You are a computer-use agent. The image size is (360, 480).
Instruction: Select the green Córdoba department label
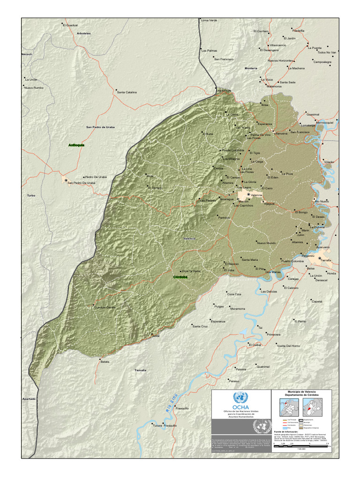(180, 277)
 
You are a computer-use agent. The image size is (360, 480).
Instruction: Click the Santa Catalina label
(127, 92)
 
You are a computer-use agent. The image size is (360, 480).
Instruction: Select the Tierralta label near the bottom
(140, 370)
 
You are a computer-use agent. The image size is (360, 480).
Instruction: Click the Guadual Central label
(105, 307)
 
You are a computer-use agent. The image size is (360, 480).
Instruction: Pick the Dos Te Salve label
(191, 271)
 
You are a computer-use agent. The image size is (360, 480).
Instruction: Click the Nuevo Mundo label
(266, 243)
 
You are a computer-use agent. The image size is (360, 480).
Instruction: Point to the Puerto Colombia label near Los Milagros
(233, 150)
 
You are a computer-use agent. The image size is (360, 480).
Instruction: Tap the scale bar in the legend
(305, 446)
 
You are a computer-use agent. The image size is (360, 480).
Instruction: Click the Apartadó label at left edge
(29, 399)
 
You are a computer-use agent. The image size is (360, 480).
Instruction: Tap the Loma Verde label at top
(209, 21)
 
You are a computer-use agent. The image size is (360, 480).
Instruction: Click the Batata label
(105, 361)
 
